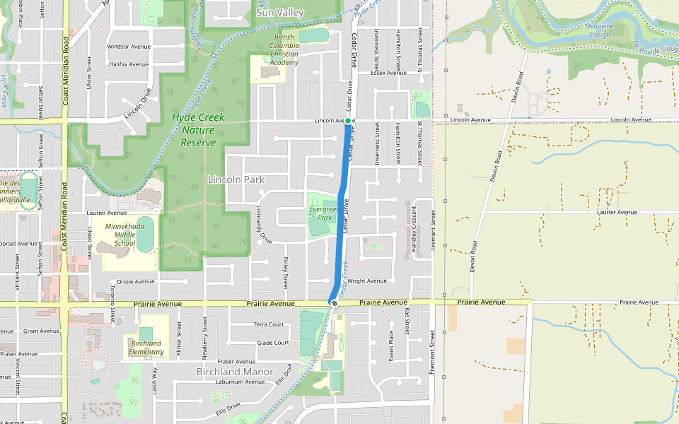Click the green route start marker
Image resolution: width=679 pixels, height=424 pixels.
[348, 121]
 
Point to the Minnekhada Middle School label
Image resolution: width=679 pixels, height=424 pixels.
[124, 235]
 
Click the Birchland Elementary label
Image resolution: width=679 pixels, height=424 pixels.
[146, 347]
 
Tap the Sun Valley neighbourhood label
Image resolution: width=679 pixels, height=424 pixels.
[280, 13]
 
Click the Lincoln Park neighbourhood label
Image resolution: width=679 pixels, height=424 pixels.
[236, 179]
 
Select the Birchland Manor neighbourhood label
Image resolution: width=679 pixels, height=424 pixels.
[235, 372]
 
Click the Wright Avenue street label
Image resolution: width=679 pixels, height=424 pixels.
[367, 281]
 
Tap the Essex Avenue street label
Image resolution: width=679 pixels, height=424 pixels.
[388, 72]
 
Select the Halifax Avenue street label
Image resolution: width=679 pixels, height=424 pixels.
[129, 64]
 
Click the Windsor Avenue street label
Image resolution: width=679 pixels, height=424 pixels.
[129, 47]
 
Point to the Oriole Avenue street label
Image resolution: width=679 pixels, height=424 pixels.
[135, 281]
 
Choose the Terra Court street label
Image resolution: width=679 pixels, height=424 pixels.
[269, 325]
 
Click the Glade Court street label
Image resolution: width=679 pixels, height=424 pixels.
[273, 343]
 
